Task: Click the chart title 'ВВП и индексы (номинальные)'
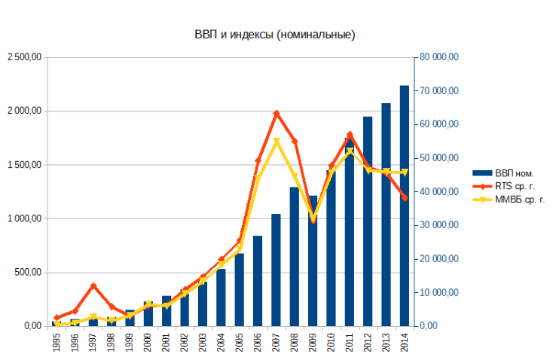tap(275, 35)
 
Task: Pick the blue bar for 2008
tap(295, 256)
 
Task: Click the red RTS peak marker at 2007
tap(276, 113)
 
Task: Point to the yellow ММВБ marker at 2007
tap(276, 141)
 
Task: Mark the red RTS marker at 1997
tap(93, 285)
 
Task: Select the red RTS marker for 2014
tap(405, 198)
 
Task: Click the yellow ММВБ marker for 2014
tap(405, 172)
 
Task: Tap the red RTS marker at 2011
tap(350, 135)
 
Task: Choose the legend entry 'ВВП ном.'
tap(513, 172)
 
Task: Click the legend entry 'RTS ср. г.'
tap(514, 186)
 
